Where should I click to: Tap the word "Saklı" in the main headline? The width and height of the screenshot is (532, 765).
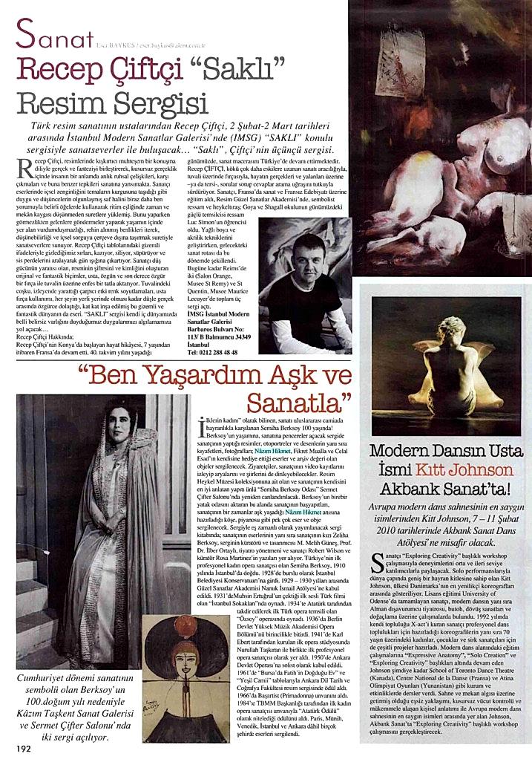click(245, 68)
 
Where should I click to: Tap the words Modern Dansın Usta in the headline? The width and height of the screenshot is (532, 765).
click(444, 451)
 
